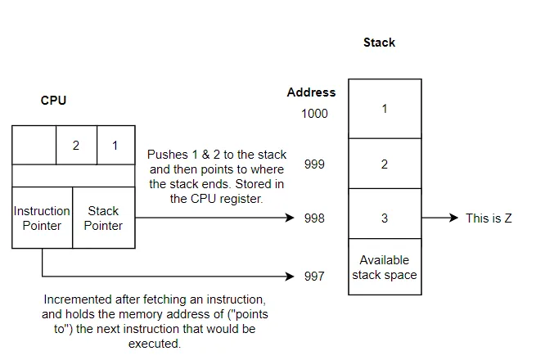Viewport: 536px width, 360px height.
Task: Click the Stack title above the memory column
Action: [379, 43]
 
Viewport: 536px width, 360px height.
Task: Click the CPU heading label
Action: [53, 101]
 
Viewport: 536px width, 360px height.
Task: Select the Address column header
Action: [311, 92]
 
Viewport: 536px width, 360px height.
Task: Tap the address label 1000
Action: [313, 114]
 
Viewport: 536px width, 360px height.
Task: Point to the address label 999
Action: [314, 164]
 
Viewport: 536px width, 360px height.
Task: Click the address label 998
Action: [314, 218]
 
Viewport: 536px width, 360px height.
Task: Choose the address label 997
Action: [314, 277]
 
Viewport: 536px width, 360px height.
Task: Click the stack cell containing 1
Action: [385, 108]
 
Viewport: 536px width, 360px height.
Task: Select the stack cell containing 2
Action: [385, 164]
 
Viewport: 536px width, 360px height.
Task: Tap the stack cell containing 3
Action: [385, 218]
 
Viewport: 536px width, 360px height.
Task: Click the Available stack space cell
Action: [385, 268]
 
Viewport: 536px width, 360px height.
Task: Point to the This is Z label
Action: [489, 218]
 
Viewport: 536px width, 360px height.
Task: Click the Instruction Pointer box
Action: [42, 218]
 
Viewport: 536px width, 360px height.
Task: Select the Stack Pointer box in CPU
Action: [103, 218]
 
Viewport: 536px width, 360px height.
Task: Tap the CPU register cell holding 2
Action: [76, 146]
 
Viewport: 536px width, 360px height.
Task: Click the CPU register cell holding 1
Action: [115, 146]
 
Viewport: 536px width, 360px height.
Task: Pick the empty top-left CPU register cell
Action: [34, 146]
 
